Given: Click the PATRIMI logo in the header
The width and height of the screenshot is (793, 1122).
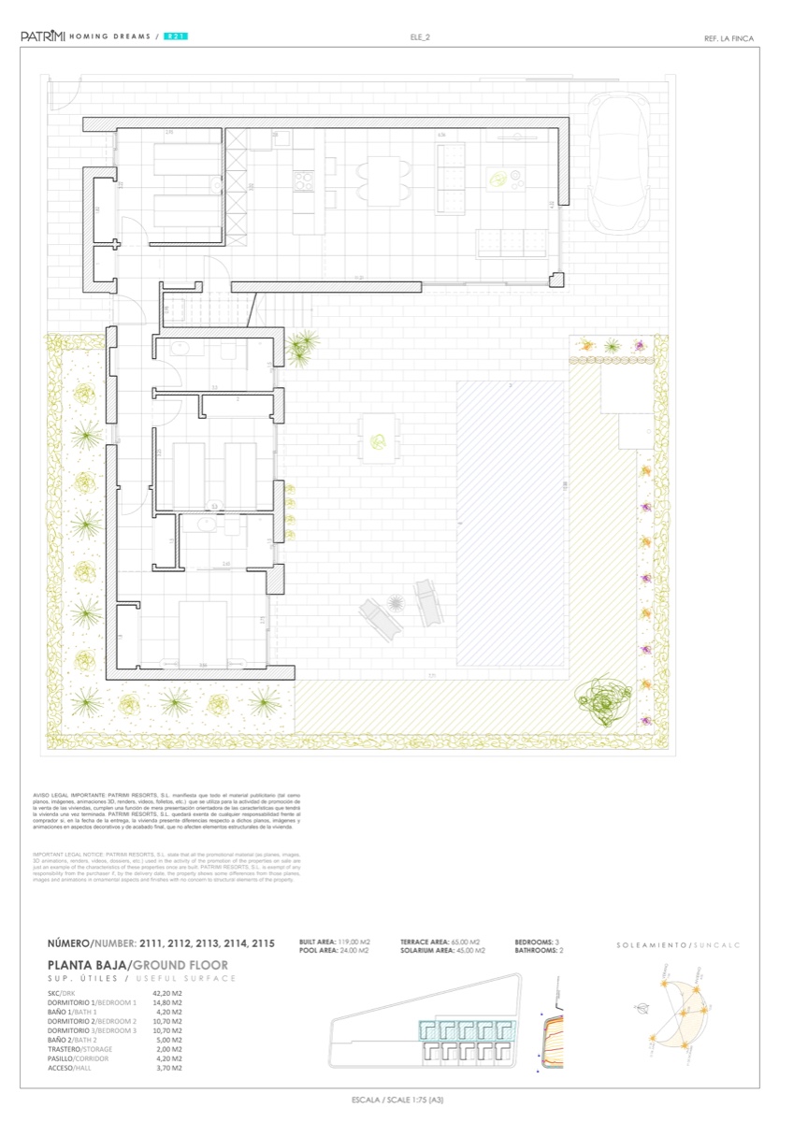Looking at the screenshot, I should tap(42, 36).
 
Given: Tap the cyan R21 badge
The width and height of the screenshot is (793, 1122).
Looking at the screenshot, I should tap(175, 36).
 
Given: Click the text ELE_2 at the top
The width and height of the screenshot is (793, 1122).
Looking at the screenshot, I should tap(419, 37).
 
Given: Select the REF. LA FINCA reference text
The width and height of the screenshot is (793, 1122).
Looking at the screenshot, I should tap(728, 38).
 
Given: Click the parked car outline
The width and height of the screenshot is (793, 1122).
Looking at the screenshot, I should tap(617, 164).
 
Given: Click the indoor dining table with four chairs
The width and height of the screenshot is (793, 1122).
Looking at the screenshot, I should tap(382, 180).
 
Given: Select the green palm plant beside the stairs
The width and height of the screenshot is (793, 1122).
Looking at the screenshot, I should tap(301, 347).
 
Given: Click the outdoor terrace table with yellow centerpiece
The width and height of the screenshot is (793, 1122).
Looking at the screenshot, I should tap(379, 439).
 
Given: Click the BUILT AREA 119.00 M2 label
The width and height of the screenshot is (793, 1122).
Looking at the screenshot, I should tap(335, 942).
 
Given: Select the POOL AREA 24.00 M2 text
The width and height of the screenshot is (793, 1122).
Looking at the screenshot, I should tap(335, 950).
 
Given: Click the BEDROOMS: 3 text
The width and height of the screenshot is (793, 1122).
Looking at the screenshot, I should tap(538, 942).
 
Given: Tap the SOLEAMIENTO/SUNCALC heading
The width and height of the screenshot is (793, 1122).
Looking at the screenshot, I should tap(678, 945).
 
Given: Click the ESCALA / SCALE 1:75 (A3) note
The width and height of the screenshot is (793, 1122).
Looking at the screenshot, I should tap(396, 1100).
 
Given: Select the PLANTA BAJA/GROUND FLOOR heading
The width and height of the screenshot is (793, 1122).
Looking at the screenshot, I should tap(137, 965).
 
